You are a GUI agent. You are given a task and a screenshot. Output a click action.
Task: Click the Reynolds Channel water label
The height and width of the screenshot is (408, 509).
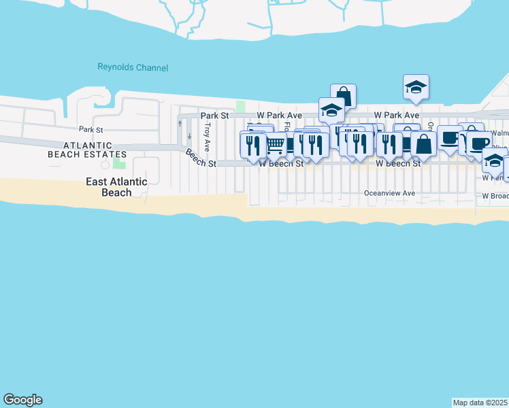coord(133,68)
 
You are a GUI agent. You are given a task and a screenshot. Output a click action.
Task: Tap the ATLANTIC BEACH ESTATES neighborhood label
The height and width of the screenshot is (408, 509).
coord(88,150)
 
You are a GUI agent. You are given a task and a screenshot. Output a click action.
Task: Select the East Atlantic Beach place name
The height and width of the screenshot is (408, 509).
coord(117,187)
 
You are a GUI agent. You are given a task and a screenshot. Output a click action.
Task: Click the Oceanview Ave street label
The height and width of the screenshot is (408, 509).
coord(389,193)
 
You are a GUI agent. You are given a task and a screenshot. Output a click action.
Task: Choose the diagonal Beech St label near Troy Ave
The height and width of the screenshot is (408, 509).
coord(201,158)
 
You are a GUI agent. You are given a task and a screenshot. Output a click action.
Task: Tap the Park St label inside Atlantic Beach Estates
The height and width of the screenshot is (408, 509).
coord(90,129)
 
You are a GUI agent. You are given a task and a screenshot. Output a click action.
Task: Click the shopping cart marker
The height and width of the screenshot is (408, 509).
coord(275,144)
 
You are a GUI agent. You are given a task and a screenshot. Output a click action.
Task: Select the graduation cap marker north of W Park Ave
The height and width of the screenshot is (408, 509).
coord(416,87)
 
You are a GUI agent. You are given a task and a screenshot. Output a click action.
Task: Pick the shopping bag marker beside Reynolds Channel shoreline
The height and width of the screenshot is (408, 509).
coord(344,96)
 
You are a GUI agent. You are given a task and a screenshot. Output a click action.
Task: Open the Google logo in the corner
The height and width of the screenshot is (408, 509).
coord(22,400)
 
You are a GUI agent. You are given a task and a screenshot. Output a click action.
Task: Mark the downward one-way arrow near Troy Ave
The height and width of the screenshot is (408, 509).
coord(189,136)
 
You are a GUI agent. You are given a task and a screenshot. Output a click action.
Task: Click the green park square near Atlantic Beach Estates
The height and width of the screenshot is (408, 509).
coord(119,163)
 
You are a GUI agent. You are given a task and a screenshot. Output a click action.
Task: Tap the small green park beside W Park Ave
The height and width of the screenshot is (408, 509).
coord(240,107)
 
